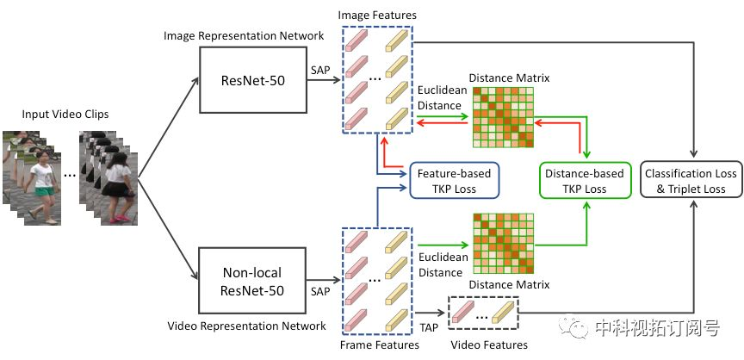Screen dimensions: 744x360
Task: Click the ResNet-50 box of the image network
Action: tap(253, 80)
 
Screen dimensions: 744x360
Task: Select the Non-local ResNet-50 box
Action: tap(253, 281)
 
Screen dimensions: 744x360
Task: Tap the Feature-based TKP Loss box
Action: tap(454, 181)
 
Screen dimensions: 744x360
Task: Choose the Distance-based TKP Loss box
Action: tap(585, 181)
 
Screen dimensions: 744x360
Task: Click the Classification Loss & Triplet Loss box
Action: tap(691, 181)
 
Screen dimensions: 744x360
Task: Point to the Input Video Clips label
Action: tap(65, 115)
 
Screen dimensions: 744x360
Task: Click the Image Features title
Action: tap(377, 16)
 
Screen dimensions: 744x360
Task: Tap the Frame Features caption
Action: tap(380, 344)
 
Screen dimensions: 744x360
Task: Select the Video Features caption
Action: tap(489, 344)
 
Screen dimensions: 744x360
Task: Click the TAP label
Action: tap(429, 327)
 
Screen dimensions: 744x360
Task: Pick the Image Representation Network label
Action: tap(244, 35)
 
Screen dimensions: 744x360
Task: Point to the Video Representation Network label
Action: tap(247, 326)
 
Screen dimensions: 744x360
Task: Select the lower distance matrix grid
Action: tap(504, 245)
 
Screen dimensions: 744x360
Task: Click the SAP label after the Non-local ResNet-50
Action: tap(319, 291)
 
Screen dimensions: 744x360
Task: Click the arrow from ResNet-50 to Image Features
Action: tap(324, 80)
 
